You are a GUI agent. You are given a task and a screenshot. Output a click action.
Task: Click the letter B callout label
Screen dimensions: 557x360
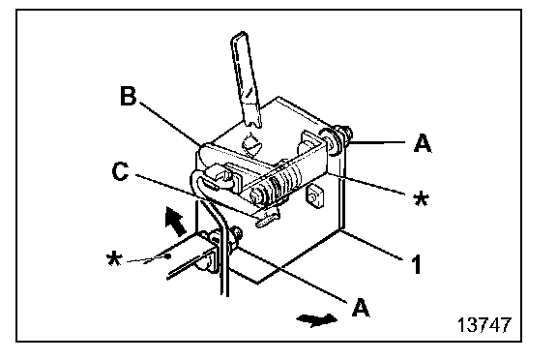(129, 96)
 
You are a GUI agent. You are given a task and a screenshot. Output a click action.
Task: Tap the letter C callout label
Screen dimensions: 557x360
(120, 171)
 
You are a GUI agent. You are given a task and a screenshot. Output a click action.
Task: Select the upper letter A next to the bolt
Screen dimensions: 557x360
(423, 143)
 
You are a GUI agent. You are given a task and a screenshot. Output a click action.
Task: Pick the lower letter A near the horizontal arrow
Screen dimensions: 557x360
(361, 307)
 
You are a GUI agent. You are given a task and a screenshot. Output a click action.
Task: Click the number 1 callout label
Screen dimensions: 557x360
(417, 264)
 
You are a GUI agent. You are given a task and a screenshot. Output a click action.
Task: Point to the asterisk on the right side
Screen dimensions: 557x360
(422, 198)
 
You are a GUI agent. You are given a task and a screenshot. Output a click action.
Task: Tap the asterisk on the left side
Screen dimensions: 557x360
(114, 259)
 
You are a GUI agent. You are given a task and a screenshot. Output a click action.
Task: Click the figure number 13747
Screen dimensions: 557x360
(484, 324)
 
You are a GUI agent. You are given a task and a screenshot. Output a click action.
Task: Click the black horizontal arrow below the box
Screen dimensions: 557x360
(316, 319)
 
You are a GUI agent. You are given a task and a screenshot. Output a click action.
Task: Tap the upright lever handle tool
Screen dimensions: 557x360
(246, 80)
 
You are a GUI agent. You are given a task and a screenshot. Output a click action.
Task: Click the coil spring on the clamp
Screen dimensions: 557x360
(284, 180)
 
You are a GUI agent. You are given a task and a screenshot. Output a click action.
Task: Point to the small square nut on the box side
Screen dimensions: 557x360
(314, 195)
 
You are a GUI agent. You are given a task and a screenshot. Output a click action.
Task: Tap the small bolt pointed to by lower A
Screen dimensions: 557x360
(235, 234)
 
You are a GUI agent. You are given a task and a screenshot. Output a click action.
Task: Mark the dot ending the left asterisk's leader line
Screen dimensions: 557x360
(168, 255)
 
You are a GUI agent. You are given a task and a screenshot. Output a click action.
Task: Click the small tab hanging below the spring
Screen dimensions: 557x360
(267, 219)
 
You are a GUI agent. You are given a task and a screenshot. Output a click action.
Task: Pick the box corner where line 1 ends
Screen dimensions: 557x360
(341, 230)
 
